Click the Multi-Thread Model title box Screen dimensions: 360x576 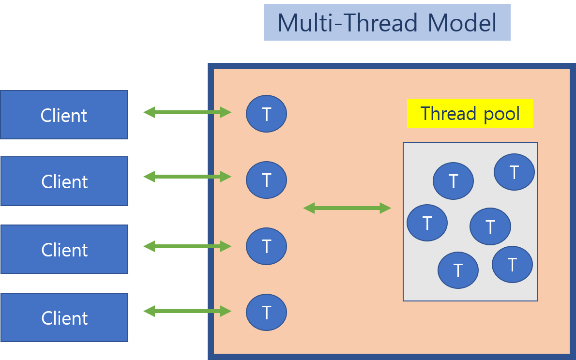(x=387, y=22)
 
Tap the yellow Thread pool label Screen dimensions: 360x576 (x=470, y=113)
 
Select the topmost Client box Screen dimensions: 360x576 (x=64, y=115)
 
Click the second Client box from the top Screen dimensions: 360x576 (x=64, y=181)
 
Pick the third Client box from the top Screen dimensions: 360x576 (x=64, y=249)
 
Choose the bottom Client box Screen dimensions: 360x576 (x=64, y=317)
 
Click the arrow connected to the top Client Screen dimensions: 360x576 (x=187, y=112)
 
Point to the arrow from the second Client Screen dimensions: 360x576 (x=187, y=177)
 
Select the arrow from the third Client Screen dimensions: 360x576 (x=187, y=246)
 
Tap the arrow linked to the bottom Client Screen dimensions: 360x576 (x=187, y=311)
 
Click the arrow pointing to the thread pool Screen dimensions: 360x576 (x=347, y=208)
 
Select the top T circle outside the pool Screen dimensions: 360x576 (x=266, y=114)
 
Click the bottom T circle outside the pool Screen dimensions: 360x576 (x=266, y=313)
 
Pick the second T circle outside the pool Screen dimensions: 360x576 (x=266, y=180)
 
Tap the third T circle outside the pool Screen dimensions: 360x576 (x=266, y=246)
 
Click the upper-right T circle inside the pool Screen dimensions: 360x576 (x=514, y=172)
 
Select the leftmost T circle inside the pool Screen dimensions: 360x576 (x=427, y=223)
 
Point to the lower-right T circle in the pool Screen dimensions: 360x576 (x=512, y=264)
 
